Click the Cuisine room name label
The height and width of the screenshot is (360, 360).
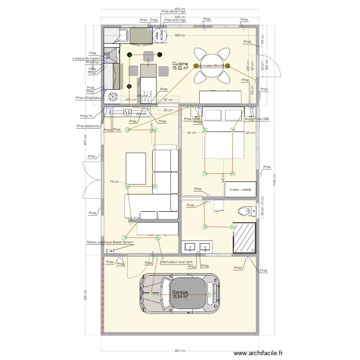[180, 64]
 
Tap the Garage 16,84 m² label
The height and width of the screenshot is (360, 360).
[180, 294]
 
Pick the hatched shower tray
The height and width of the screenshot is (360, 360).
[244, 237]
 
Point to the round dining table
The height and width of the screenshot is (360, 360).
[212, 66]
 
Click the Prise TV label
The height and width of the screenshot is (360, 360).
[87, 116]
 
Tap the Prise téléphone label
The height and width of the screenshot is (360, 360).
[88, 126]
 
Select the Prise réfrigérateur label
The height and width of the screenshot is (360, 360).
[89, 97]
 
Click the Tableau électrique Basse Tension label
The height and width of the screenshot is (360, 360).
[110, 242]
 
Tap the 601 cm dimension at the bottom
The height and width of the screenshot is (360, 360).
[180, 351]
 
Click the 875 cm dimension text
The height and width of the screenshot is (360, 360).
[85, 139]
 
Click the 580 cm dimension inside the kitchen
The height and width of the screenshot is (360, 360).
[180, 36]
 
